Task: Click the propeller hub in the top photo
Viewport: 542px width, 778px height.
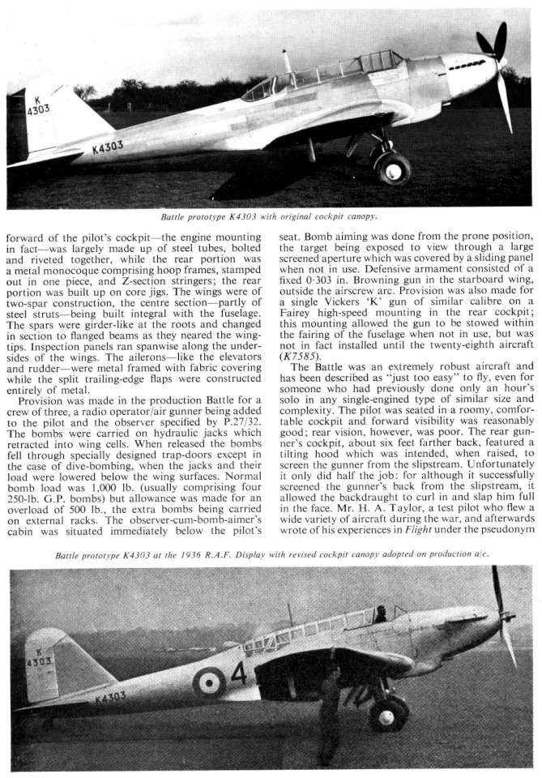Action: tap(501, 62)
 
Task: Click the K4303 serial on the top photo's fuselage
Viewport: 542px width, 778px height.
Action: tap(107, 147)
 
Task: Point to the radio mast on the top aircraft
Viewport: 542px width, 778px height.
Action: tap(286, 62)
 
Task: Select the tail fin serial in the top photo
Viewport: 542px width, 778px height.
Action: tap(39, 105)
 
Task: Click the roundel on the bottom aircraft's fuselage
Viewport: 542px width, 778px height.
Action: tap(208, 659)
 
